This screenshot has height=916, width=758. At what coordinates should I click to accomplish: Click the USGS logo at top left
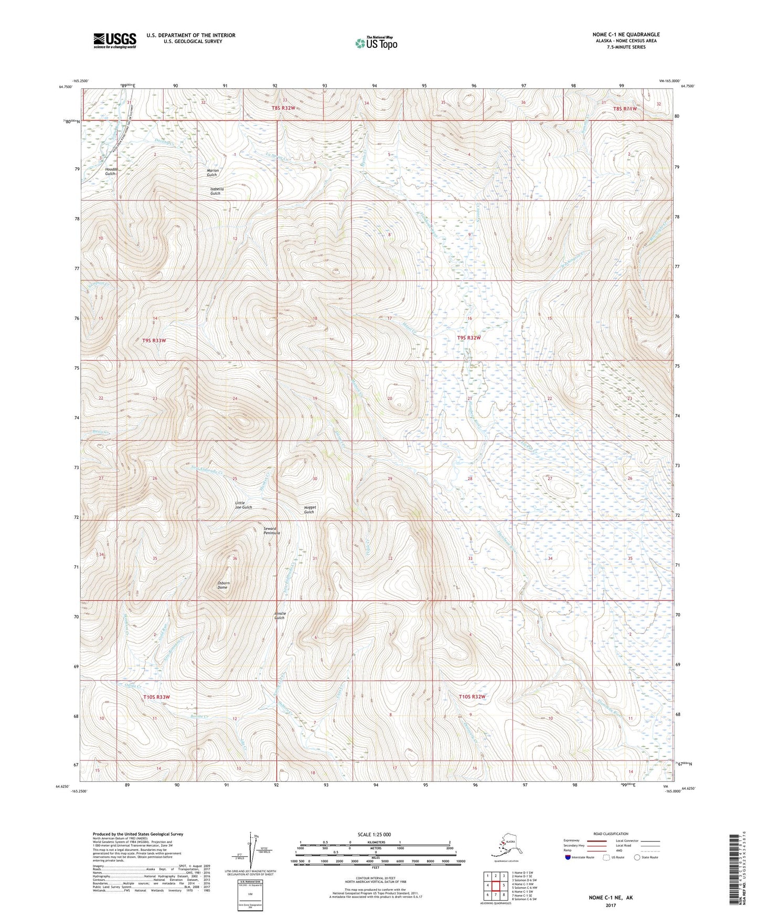[114, 40]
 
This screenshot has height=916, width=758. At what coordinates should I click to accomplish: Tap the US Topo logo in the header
[376, 43]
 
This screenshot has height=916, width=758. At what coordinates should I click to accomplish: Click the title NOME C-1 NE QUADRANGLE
[626, 35]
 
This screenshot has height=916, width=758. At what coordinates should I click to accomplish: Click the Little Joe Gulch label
[243, 505]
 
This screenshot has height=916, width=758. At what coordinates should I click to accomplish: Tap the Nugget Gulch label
[309, 509]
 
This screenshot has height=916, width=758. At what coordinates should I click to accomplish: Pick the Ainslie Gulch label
[280, 615]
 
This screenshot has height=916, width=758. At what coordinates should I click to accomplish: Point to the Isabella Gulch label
[216, 191]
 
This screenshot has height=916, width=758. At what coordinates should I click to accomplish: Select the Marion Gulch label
[211, 173]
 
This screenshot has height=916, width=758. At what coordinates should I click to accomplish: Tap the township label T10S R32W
[472, 697]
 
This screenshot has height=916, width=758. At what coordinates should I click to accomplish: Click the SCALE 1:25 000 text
[374, 834]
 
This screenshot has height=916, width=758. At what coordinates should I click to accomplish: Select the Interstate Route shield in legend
[569, 858]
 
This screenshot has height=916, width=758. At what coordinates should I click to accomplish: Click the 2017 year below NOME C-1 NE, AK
[610, 906]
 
